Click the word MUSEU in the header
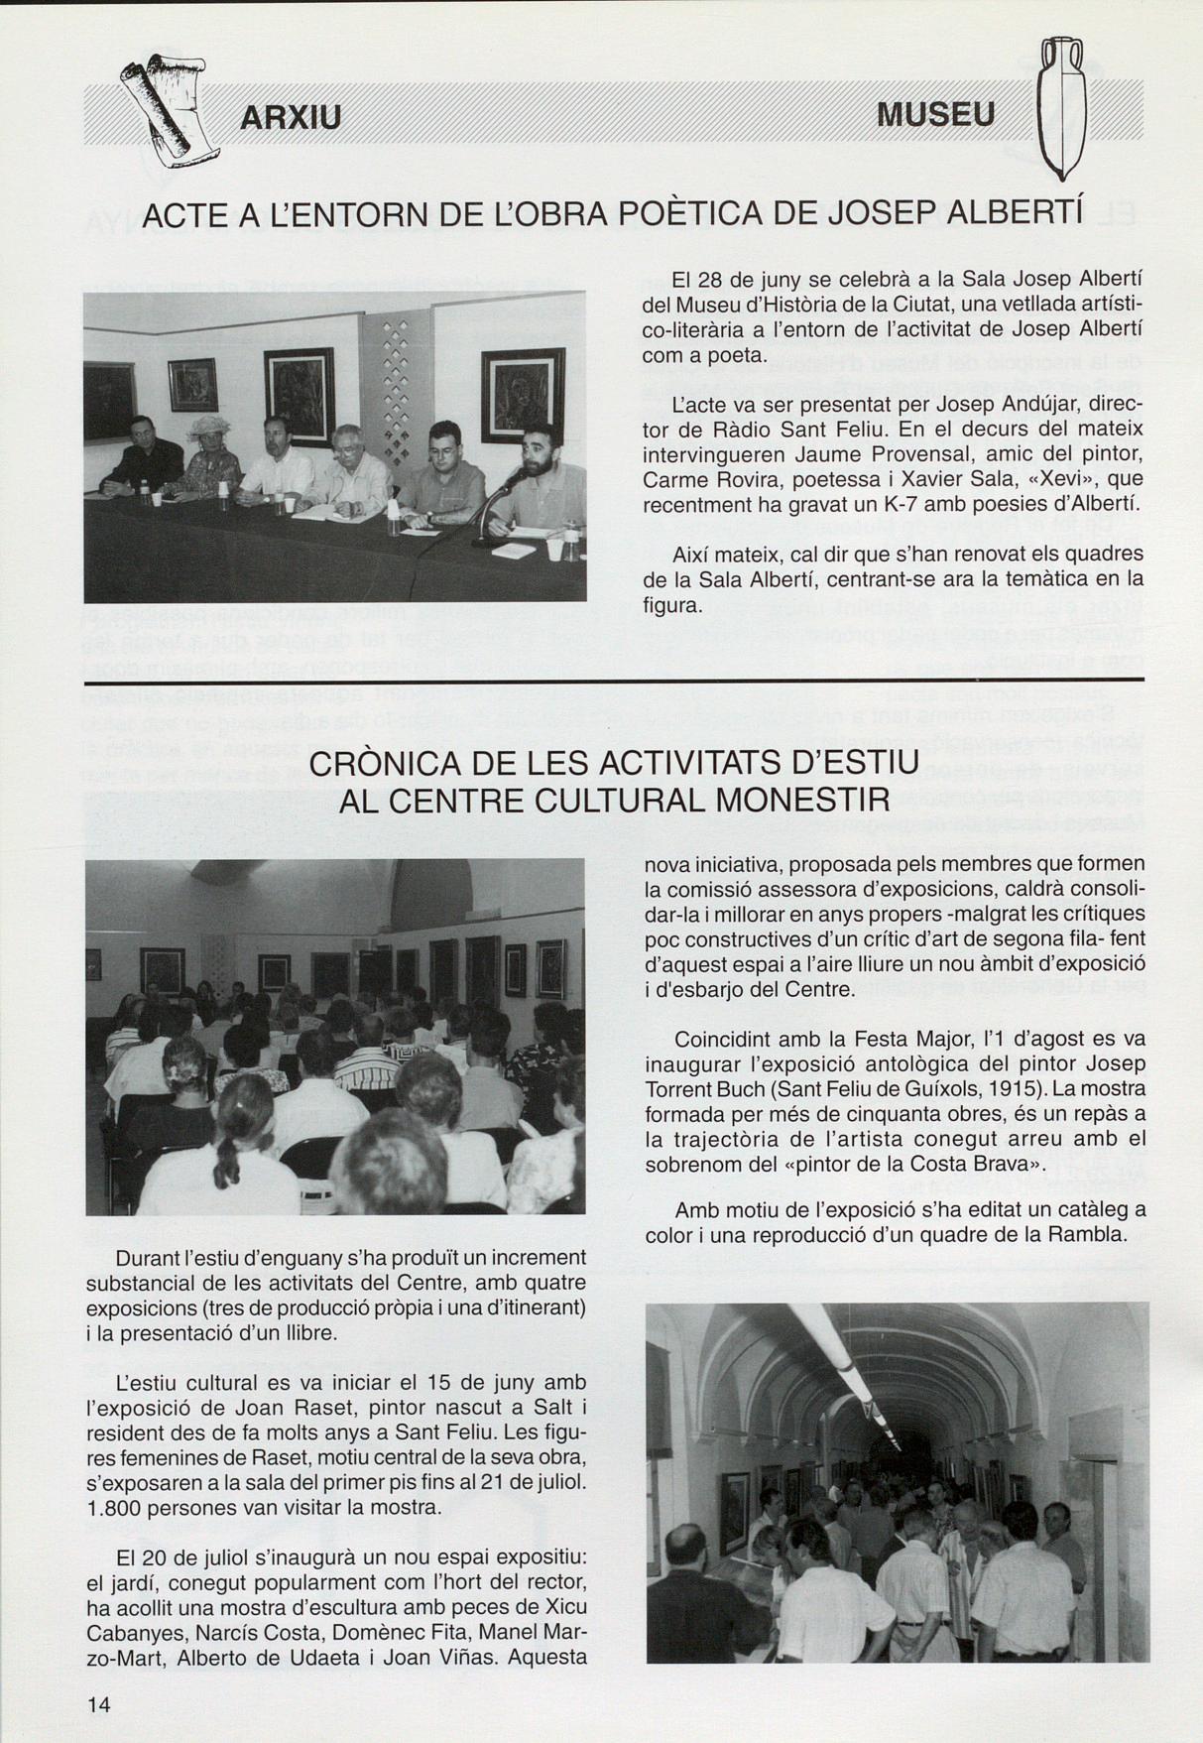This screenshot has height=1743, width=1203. click(x=936, y=116)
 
